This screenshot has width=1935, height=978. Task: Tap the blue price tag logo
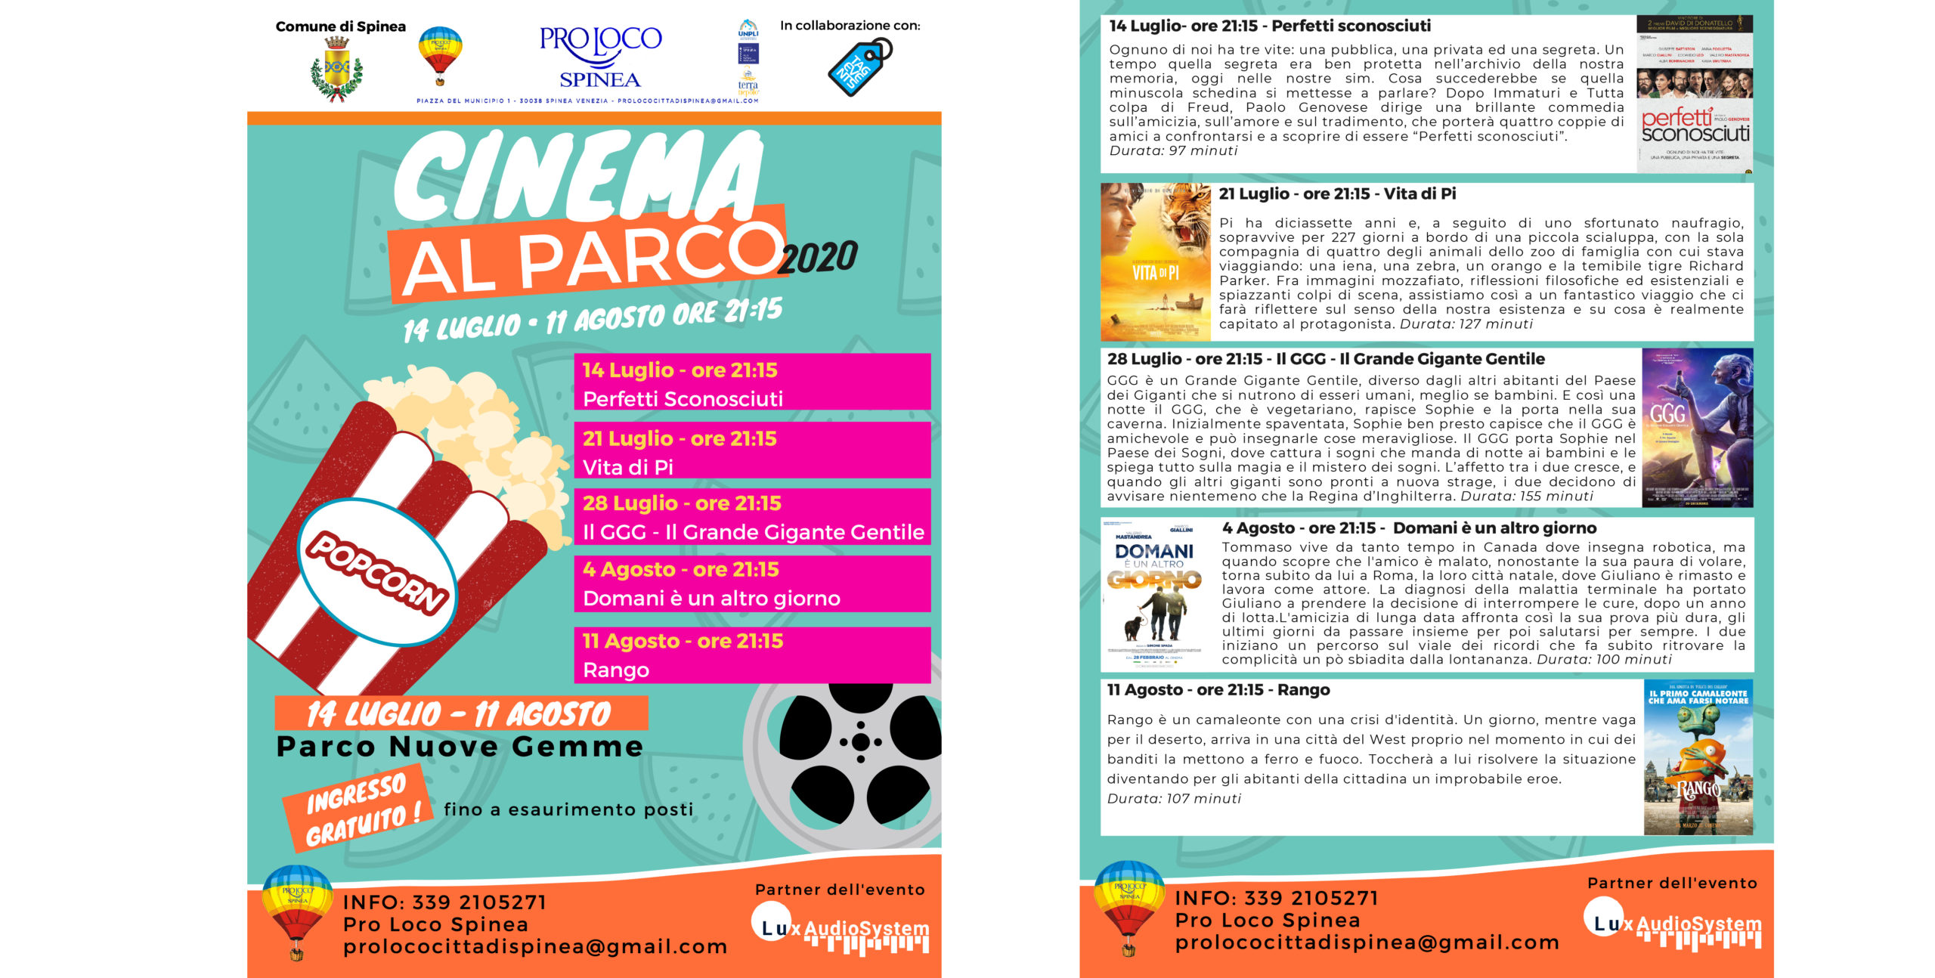click(x=859, y=68)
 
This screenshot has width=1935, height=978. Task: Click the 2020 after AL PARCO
click(x=819, y=258)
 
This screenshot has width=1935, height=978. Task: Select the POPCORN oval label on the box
click(x=376, y=572)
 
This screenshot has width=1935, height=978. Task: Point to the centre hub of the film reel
click(x=860, y=742)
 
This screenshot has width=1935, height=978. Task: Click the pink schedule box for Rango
click(x=752, y=655)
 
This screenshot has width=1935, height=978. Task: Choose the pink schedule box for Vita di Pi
click(x=752, y=451)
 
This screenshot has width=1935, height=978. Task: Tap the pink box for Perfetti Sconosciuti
click(x=752, y=382)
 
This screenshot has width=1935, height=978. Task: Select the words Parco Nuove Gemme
click(x=460, y=747)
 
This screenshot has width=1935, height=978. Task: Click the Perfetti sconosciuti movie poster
click(x=1695, y=94)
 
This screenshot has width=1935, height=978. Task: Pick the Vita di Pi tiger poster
click(x=1155, y=262)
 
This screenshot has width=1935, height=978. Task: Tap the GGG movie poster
click(x=1697, y=427)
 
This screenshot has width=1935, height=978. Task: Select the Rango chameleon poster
click(x=1698, y=757)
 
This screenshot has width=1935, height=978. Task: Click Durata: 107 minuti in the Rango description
click(x=1174, y=799)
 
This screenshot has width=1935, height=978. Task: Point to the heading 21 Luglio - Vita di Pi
click(x=1337, y=194)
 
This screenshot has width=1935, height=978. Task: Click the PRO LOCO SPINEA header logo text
click(x=600, y=57)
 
